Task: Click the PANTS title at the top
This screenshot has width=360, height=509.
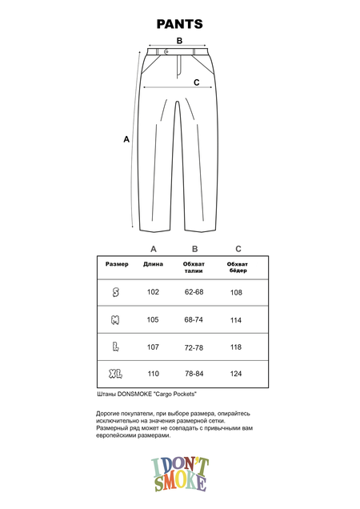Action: tap(179, 24)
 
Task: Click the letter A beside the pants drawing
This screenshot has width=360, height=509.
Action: tap(126, 138)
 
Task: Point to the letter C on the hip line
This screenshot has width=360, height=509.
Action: tap(196, 82)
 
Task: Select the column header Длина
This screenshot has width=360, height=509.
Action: tap(154, 264)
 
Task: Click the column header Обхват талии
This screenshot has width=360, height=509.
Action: tap(194, 267)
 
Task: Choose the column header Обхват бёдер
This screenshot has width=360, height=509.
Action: tap(238, 267)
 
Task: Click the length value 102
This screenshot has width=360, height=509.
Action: tap(154, 292)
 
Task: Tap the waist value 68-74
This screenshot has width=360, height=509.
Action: tap(194, 320)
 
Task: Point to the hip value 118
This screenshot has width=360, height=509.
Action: tap(237, 347)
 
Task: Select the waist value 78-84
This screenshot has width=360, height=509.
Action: tap(194, 375)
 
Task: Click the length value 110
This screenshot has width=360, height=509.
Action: tap(154, 375)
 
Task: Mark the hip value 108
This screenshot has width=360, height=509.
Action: tap(237, 292)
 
